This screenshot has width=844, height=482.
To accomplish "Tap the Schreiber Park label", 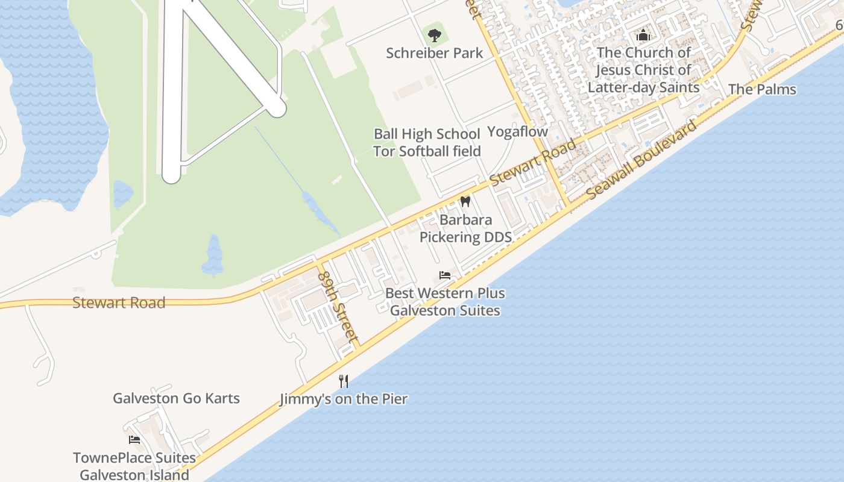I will [x=434, y=53].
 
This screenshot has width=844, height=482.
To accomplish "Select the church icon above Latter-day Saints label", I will [x=643, y=36].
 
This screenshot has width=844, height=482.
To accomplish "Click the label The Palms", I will [x=762, y=90].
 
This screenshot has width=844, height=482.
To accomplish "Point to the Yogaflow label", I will [x=517, y=132].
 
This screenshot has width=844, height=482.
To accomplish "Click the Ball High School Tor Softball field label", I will [x=427, y=143].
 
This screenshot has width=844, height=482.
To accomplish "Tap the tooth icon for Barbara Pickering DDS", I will [x=465, y=201].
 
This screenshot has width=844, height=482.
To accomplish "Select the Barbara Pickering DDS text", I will [x=465, y=228].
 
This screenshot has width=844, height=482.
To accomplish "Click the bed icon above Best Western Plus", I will [x=445, y=275].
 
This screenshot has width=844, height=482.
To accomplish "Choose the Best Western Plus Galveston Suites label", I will [x=445, y=302].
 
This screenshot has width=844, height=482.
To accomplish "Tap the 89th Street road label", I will [x=338, y=307].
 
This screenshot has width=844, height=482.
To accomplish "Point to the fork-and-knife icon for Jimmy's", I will [x=344, y=381].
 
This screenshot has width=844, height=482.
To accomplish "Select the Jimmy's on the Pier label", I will [x=344, y=399].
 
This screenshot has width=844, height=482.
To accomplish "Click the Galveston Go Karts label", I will [x=176, y=398].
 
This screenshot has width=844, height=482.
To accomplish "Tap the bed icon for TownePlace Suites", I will [x=134, y=440].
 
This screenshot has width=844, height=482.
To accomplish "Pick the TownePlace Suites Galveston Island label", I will [x=134, y=466].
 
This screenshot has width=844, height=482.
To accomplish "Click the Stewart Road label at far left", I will [x=118, y=302].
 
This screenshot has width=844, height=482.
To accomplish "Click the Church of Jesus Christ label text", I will [x=643, y=70].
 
